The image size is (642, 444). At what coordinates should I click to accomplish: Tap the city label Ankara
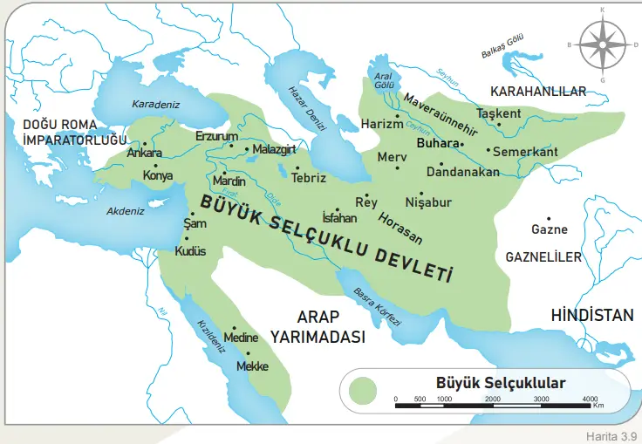pos(146,153)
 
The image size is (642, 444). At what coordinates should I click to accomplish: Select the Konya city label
pos(158,174)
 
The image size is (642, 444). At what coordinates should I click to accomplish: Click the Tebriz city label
pos(309,177)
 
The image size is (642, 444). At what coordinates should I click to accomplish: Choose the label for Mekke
pos(252,367)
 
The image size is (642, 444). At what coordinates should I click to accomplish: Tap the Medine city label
pos(241,337)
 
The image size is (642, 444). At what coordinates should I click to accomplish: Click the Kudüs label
pos(190,250)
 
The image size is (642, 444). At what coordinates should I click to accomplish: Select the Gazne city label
pos(549,230)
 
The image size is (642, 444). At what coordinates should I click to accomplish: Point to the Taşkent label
pos(499,113)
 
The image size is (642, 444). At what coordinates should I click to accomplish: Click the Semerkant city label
pos(525,151)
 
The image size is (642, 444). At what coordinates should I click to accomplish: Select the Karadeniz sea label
pos(154,104)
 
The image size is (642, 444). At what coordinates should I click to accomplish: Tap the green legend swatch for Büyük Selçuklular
pos(362,390)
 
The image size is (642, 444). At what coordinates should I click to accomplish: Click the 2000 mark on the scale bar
pos(492,398)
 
